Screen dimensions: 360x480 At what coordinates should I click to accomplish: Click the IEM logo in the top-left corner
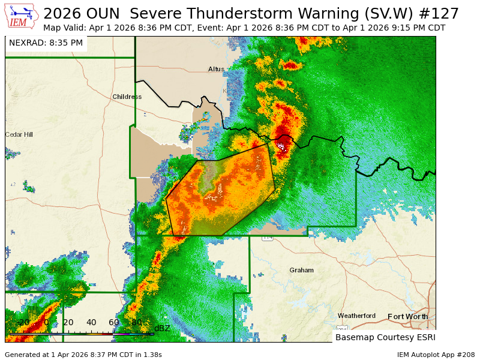(x=22, y=17)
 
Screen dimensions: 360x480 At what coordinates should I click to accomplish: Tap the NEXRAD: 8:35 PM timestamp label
(x=46, y=43)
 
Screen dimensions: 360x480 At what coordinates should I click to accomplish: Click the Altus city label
(x=216, y=69)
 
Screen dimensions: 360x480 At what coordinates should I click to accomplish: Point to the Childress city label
(x=127, y=97)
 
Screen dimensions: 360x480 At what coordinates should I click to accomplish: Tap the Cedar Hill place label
(x=19, y=134)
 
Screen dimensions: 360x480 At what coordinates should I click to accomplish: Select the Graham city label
(x=301, y=270)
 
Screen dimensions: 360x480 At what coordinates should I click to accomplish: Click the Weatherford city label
(x=356, y=316)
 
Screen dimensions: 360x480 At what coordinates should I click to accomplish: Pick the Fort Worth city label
(x=408, y=316)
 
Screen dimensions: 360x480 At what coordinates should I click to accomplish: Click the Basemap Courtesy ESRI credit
(x=384, y=337)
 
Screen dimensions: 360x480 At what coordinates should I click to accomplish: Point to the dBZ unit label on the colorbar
(x=162, y=328)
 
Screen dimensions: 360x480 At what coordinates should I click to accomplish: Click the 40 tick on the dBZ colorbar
(x=91, y=323)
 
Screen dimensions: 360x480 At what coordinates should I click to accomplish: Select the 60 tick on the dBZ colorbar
(x=114, y=323)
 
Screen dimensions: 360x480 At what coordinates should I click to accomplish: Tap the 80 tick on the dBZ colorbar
(x=137, y=323)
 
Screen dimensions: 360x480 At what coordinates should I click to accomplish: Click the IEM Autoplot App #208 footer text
(x=436, y=355)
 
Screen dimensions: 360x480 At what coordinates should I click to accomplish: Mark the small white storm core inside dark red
(x=280, y=145)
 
